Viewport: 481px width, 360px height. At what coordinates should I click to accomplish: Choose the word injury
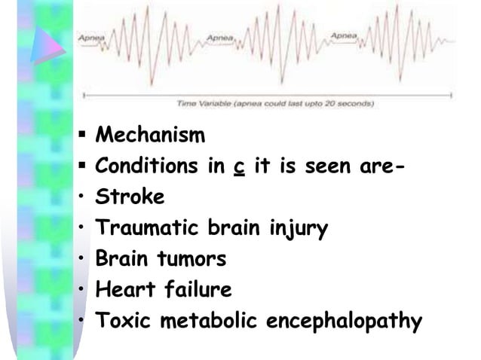299,229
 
